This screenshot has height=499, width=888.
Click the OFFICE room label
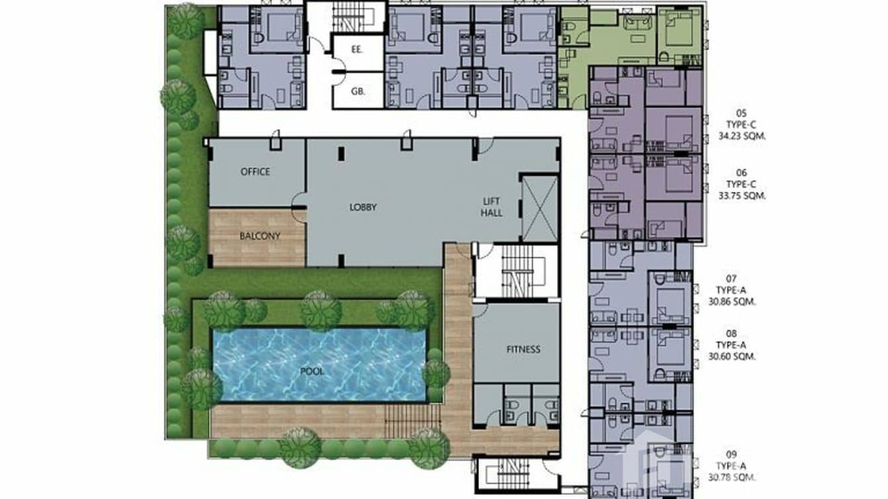(255, 171)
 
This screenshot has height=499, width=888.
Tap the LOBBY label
(363, 207)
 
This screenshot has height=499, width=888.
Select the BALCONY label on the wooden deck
(259, 236)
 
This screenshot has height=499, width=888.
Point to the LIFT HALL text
(492, 206)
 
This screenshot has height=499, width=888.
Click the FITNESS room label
(523, 349)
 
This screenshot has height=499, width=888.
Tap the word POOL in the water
(312, 371)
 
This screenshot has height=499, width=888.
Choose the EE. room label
(357, 49)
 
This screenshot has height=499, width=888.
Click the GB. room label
(357, 93)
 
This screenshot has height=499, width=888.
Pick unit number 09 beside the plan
(731, 454)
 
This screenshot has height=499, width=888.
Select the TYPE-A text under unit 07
(731, 290)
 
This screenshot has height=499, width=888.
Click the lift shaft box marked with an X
(539, 208)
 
